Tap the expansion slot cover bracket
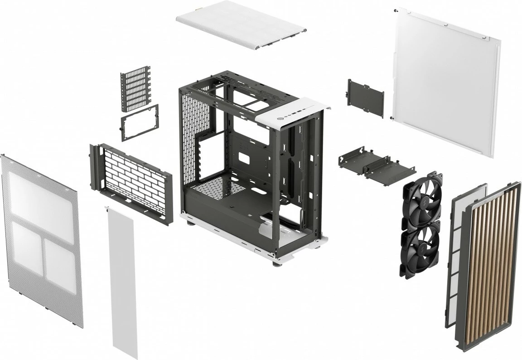[135, 88]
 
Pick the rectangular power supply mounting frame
[140, 122]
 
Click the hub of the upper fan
[422, 202]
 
